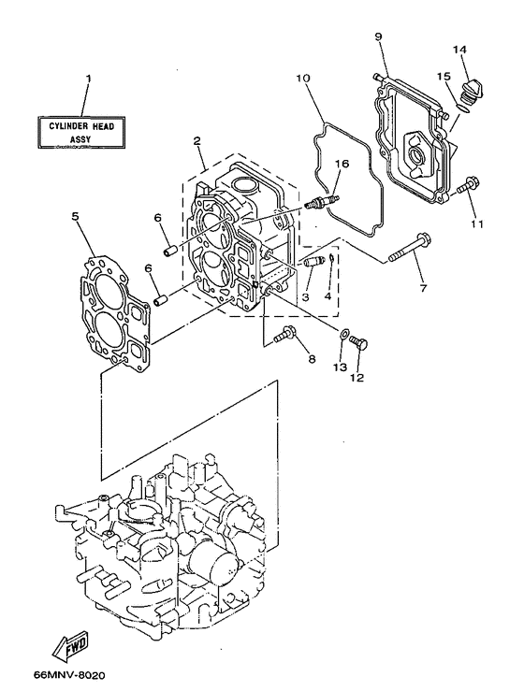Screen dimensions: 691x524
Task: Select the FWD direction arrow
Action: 72,646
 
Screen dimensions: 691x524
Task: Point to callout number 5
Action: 75,215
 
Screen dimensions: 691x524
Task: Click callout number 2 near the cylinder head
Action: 197,141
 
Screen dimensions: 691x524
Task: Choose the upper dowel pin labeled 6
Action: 171,250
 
